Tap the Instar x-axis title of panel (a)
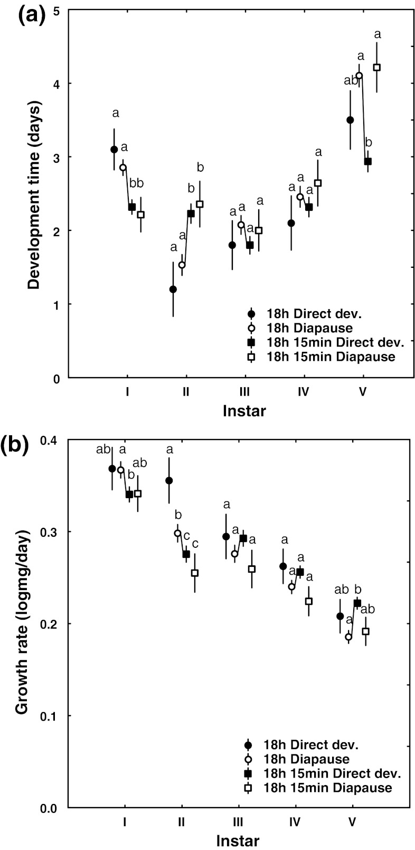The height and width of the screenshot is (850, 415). [x=244, y=410]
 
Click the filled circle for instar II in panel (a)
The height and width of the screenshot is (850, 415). [x=173, y=289]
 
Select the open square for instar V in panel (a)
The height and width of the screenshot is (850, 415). [x=376, y=67]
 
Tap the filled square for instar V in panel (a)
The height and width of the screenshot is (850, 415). [x=368, y=161]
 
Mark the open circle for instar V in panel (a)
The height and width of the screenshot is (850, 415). [x=359, y=76]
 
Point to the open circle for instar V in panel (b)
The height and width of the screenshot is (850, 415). [x=348, y=637]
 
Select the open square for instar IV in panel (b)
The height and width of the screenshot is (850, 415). [x=309, y=601]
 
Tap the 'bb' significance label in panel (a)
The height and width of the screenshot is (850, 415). [x=137, y=184]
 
